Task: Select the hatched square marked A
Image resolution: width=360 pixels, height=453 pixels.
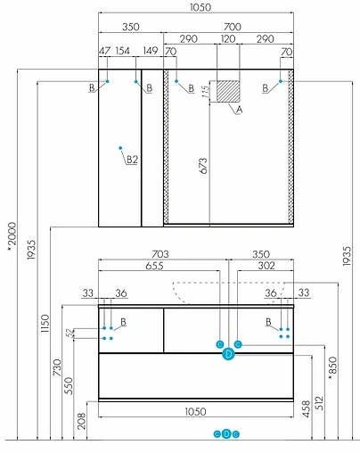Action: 231,92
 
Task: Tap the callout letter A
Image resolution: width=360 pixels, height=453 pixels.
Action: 239,111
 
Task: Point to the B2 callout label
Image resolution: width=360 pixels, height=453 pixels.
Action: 132,159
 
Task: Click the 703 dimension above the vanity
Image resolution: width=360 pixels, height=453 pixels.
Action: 161,255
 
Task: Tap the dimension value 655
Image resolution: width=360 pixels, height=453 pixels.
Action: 157,267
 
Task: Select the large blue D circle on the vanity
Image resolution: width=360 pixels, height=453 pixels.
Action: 228,355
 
